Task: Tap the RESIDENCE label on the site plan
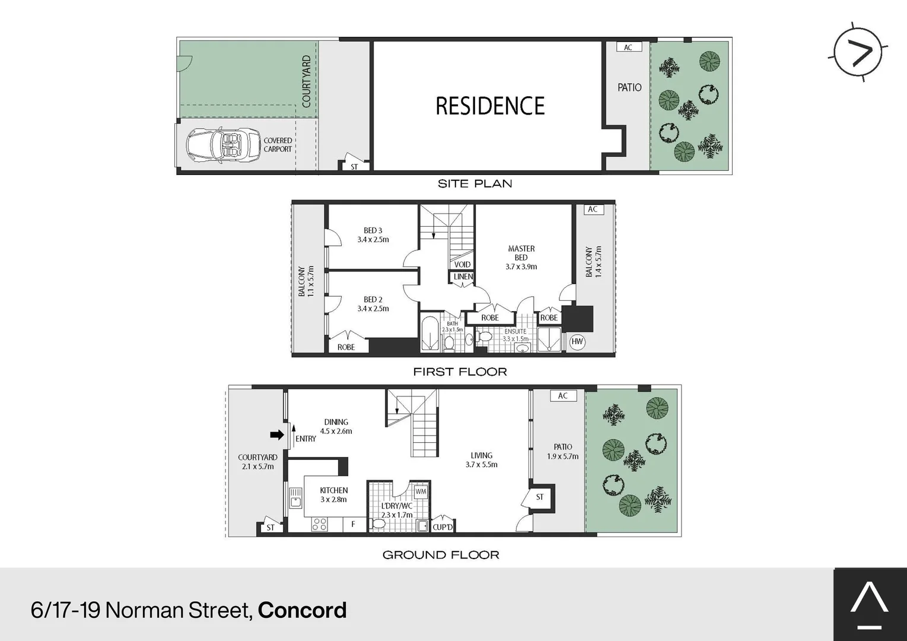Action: [490, 106]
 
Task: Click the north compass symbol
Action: [858, 52]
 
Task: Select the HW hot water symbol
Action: [577, 342]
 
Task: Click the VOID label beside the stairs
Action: [462, 265]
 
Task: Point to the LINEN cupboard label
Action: [463, 277]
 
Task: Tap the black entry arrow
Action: [276, 435]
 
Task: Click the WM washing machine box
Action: [421, 491]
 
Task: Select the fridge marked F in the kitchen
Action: [354, 524]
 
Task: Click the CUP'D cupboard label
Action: [443, 527]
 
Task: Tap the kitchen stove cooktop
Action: [319, 524]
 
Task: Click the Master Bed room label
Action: [521, 258]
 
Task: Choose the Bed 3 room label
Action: [373, 235]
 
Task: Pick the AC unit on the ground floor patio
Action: [563, 396]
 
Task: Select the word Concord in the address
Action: [302, 610]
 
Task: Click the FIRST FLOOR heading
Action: [460, 372]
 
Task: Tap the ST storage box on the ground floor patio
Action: [540, 497]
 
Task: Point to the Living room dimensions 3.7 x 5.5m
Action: [481, 465]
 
